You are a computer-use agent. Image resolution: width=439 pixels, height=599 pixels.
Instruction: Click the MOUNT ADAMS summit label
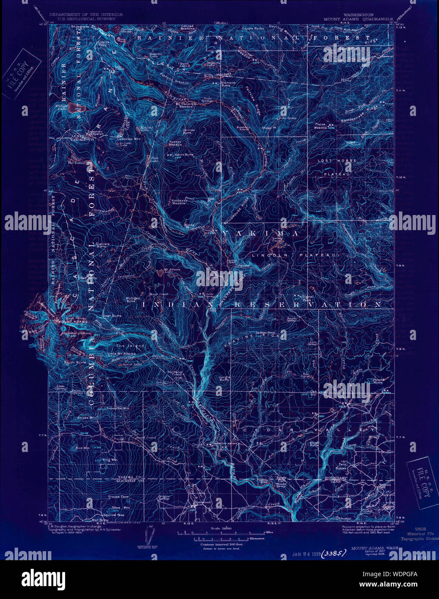click(x=74, y=321)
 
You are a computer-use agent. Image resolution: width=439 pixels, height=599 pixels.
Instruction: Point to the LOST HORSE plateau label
click(x=338, y=160)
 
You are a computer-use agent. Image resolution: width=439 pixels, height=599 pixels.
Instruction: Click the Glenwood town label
click(x=202, y=502)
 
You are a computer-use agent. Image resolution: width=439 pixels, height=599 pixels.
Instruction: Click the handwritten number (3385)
click(x=335, y=553)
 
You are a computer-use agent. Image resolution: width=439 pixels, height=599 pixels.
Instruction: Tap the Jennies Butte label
click(x=189, y=131)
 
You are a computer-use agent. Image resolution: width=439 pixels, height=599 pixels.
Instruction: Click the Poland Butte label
click(x=377, y=381)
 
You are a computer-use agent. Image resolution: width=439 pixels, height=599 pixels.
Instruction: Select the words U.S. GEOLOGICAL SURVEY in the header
click(x=86, y=19)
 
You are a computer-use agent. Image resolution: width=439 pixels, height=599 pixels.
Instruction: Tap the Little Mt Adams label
click(x=121, y=354)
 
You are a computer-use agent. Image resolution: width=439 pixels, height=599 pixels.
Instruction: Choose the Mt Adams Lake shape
click(x=160, y=272)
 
